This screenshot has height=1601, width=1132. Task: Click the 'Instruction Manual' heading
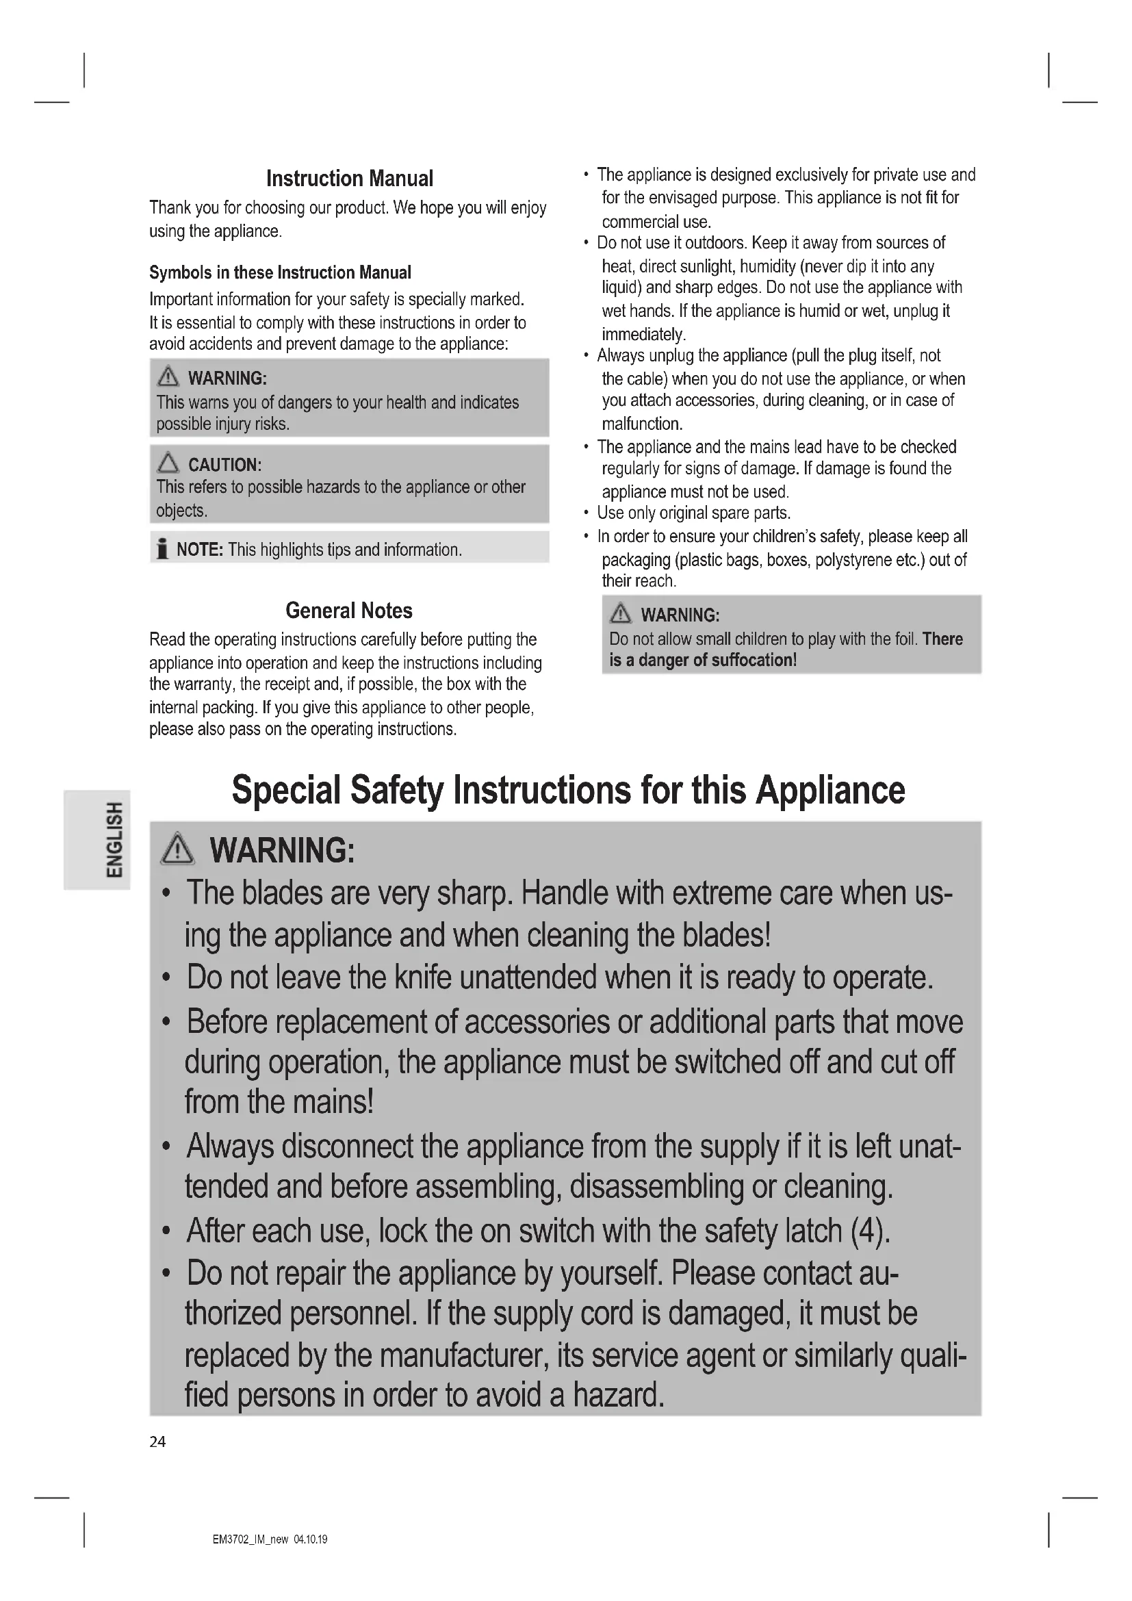(x=349, y=179)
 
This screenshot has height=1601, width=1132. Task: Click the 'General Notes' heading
(x=348, y=611)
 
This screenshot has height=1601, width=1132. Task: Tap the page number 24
(x=157, y=1442)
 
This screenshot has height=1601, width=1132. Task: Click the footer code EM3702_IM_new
(x=250, y=1539)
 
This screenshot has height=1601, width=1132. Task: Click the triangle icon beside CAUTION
(x=168, y=463)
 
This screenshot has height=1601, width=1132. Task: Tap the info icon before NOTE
(x=162, y=550)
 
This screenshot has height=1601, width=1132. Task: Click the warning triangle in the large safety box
(x=178, y=849)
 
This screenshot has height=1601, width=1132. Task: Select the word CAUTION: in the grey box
(x=224, y=464)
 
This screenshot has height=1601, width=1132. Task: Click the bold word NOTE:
(x=199, y=550)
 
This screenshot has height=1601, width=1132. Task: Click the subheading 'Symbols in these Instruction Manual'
(x=279, y=272)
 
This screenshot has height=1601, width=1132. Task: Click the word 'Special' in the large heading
(x=286, y=790)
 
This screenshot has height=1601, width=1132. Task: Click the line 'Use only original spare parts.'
(x=693, y=513)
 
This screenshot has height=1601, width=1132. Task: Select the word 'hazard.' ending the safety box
(x=618, y=1395)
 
